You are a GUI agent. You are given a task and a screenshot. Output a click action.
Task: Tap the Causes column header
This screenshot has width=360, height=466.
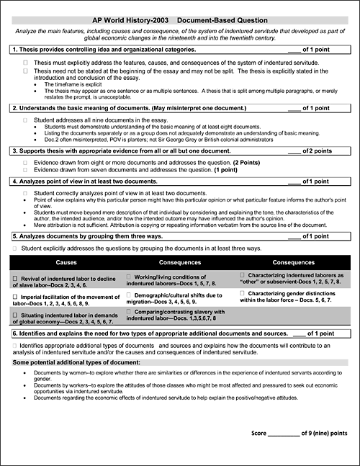pyautogui.click(x=66, y=263)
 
